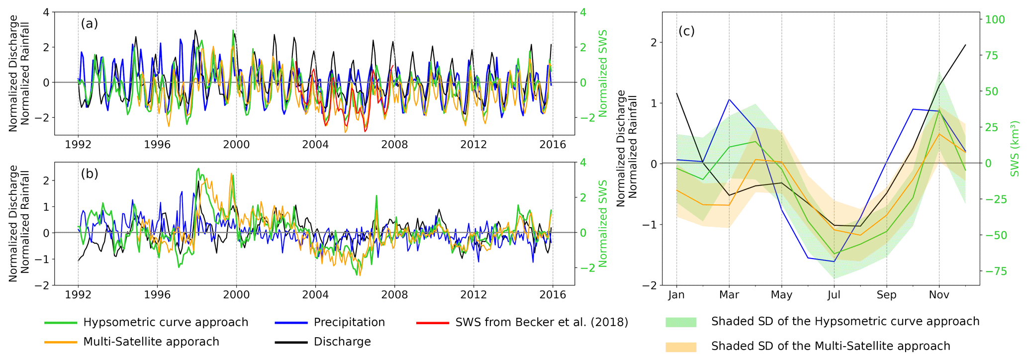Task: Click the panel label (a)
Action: pyautogui.click(x=90, y=24)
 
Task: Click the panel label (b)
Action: pyautogui.click(x=90, y=174)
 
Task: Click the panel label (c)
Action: pyautogui.click(x=686, y=31)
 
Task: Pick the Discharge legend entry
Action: pyautogui.click(x=342, y=342)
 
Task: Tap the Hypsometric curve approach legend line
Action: pyautogui.click(x=61, y=323)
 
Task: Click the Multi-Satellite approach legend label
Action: pyautogui.click(x=151, y=342)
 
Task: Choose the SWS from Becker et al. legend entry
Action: pyautogui.click(x=542, y=322)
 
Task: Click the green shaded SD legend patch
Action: pyautogui.click(x=681, y=322)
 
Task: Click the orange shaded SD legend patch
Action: pyautogui.click(x=681, y=347)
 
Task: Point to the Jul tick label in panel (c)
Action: pyautogui.click(x=834, y=295)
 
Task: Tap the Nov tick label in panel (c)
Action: pyautogui.click(x=939, y=295)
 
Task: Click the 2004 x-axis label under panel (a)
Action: pyautogui.click(x=315, y=145)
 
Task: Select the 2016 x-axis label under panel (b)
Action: pyautogui.click(x=553, y=295)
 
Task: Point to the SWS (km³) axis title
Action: pyautogui.click(x=1015, y=148)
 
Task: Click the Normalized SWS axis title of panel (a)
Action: pyautogui.click(x=603, y=74)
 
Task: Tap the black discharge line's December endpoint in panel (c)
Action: pyautogui.click(x=965, y=45)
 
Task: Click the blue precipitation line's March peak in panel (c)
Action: pyautogui.click(x=729, y=99)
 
